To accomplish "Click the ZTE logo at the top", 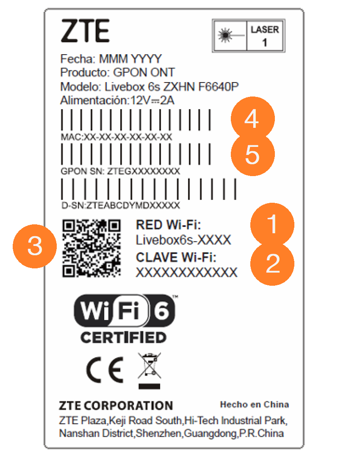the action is point(85,30).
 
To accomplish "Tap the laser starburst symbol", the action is point(225,35).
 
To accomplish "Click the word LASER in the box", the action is point(265,30).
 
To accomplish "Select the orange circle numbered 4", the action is point(252,119).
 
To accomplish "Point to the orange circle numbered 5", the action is point(252,154).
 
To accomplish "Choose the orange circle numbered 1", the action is point(272,224).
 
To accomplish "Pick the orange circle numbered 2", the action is point(272,263).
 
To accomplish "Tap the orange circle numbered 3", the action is point(35,246).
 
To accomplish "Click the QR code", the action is point(91,248).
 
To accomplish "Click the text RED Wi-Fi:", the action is point(169,225).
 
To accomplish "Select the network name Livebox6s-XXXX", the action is point(183,240).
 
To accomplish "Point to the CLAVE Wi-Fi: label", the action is point(176,257).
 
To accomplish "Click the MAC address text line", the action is point(116,137).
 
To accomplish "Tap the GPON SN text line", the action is point(120,171).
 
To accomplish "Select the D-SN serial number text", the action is point(121,205).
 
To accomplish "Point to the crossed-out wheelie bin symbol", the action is point(150,371).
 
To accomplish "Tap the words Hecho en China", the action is point(255,405).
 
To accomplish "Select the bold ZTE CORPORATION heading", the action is point(116,406).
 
